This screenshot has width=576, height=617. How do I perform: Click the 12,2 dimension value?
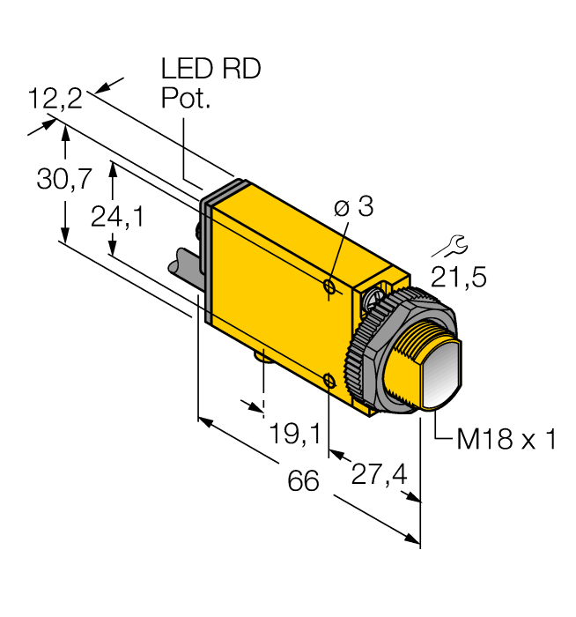pos(55,98)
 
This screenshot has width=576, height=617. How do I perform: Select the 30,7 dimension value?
pos(64,179)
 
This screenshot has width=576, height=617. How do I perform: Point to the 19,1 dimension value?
pos(293,433)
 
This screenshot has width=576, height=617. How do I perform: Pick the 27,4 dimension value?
pos(379,474)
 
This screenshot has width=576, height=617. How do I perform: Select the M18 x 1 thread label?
pos(506,439)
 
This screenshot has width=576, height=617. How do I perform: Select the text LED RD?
pos(210,70)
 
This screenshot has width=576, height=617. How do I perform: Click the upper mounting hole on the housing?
pos(329,286)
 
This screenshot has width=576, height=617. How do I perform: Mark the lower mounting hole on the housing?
pos(329,380)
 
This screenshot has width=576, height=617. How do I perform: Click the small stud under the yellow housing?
pos(262,356)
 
